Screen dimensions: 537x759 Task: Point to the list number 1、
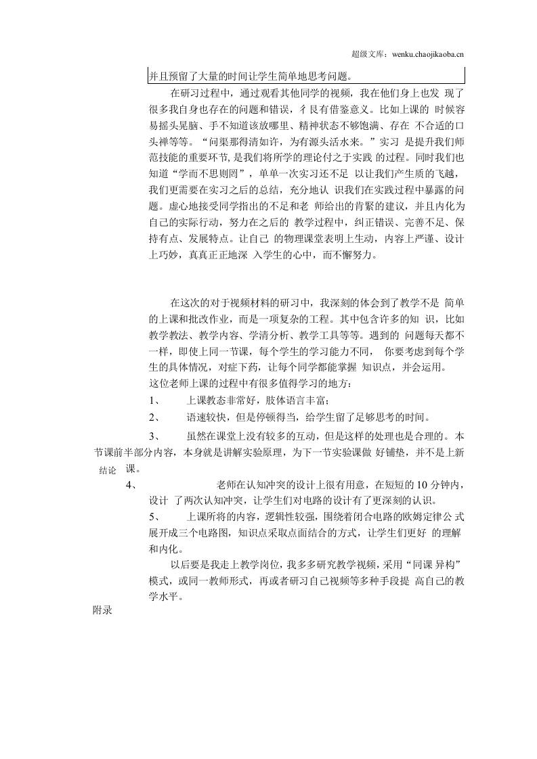point(154,400)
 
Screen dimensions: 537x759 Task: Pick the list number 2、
point(154,417)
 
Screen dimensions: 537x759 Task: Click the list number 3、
point(154,435)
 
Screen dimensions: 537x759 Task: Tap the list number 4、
point(132,485)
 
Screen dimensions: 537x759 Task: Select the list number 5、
point(154,517)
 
